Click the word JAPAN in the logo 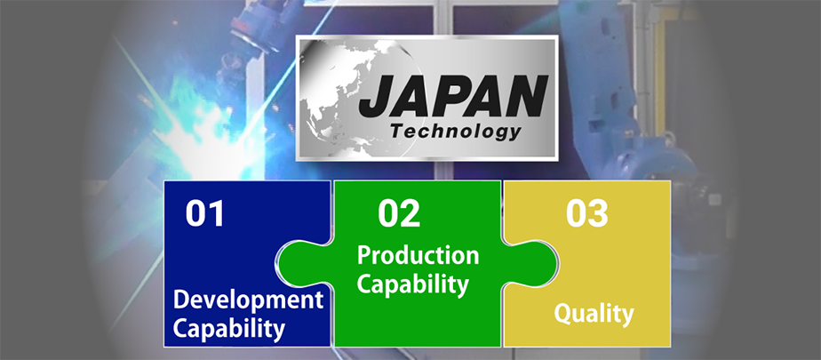(453, 96)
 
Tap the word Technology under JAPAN (456, 132)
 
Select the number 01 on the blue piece (204, 213)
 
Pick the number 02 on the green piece (399, 213)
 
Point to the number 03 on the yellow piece (587, 213)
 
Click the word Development (248, 300)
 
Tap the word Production (418, 256)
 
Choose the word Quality (594, 315)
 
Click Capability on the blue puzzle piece (229, 329)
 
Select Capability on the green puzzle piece (412, 284)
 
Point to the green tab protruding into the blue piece (304, 264)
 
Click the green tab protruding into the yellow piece (530, 264)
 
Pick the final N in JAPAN (526, 96)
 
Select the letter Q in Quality (562, 314)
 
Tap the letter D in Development (181, 300)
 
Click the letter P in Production (364, 255)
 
